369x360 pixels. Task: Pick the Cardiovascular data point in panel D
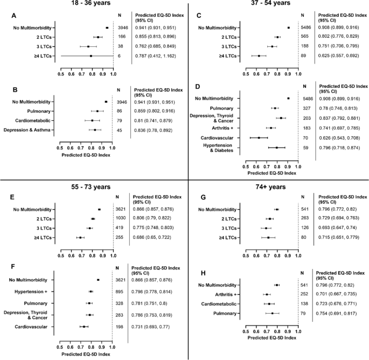tap(259, 137)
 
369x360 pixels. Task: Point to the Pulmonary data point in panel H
tap(273, 313)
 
